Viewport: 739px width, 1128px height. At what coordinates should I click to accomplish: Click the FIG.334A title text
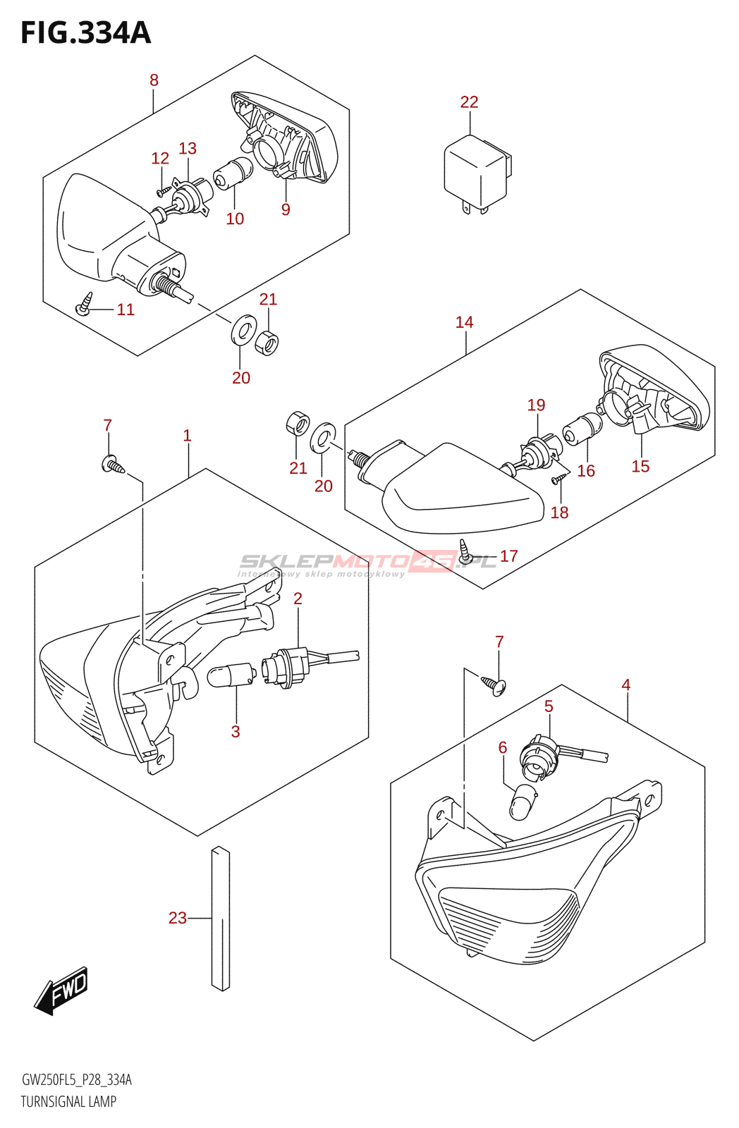tap(85, 33)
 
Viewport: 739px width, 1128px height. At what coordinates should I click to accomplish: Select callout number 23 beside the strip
tap(178, 918)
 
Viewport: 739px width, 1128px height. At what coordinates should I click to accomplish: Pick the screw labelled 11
tap(85, 304)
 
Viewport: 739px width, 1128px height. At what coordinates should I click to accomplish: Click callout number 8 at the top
tap(154, 80)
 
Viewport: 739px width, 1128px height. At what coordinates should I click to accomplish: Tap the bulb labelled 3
tap(230, 675)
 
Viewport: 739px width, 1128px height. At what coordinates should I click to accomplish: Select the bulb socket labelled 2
tap(286, 666)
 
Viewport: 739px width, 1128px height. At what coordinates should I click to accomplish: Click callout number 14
tap(464, 322)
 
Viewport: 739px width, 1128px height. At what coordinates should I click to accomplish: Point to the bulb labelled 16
tap(582, 429)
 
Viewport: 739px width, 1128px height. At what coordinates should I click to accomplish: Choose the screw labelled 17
tap(465, 551)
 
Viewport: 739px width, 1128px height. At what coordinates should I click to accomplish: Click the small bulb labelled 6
tap(523, 802)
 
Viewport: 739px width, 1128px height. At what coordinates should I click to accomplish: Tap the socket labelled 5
tap(539, 759)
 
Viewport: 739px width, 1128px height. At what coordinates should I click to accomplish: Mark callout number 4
tap(625, 685)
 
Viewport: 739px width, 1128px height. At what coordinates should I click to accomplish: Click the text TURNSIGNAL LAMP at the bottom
tap(68, 1101)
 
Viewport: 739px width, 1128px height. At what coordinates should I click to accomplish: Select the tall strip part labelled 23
tap(220, 918)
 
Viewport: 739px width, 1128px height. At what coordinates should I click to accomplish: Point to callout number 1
tap(187, 436)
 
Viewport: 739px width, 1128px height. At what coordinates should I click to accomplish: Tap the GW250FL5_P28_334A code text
tap(76, 1080)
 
